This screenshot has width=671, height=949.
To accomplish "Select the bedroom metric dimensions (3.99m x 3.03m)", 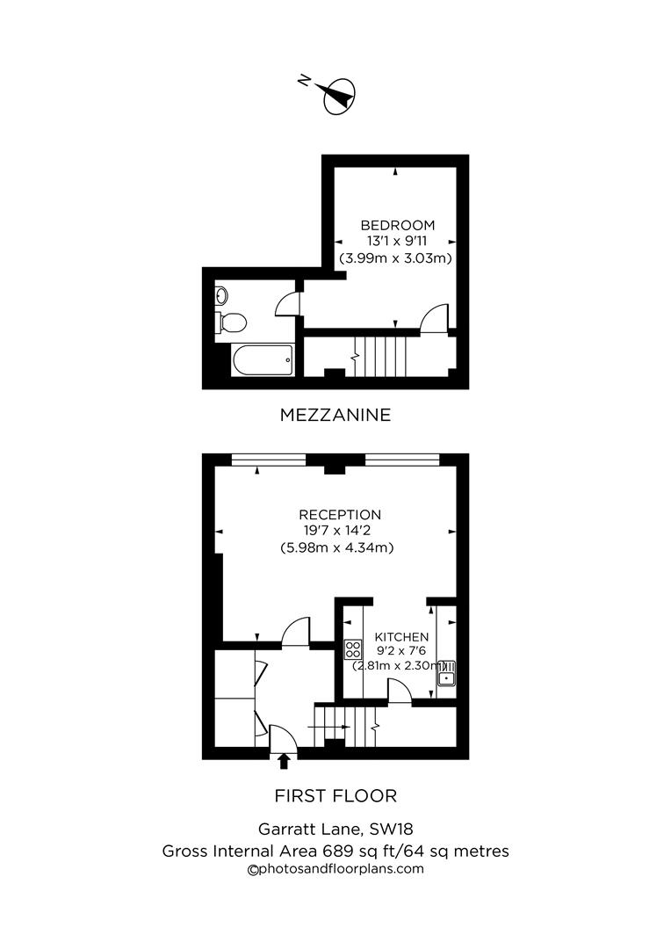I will coord(395,258).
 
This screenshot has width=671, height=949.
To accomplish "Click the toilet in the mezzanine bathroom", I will coord(231,322).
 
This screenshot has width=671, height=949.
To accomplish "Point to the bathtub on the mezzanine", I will coord(261,359).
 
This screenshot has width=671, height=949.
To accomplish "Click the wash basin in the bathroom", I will coord(220,296).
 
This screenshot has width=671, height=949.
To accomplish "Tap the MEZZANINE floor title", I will coord(335,415).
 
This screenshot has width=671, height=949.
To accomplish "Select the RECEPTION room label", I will coord(340,515).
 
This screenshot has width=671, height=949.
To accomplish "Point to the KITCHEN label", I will coord(401,637).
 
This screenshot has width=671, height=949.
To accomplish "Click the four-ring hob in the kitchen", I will coord(353,649).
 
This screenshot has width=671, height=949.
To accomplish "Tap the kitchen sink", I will coord(447,674).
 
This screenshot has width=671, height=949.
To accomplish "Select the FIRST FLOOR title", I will coord(335,796).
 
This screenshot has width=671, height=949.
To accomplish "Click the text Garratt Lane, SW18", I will coord(335,829).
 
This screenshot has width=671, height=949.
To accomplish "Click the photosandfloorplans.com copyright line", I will coord(335,869).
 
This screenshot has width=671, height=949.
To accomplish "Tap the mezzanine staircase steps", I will coord(383,355).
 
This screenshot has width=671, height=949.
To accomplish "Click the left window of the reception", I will coord(269,458).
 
